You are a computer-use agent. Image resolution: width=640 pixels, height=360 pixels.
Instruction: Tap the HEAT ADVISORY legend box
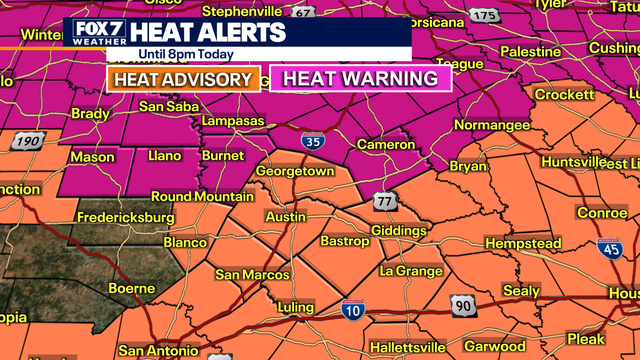(183, 79)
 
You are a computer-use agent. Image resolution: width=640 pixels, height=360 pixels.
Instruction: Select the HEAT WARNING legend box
(361, 79)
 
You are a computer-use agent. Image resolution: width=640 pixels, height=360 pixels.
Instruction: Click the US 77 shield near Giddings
(385, 203)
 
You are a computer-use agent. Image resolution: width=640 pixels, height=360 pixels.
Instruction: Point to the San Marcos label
(252, 275)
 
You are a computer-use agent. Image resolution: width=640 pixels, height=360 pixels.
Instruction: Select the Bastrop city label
(345, 241)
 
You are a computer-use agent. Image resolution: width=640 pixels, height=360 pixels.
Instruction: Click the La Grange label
(409, 271)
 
